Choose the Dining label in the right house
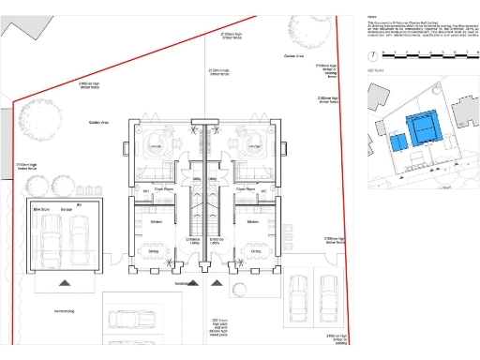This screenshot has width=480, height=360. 254,250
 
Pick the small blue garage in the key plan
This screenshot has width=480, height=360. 397,142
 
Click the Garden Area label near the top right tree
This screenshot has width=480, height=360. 293,57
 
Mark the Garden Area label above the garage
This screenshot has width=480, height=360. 99,122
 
